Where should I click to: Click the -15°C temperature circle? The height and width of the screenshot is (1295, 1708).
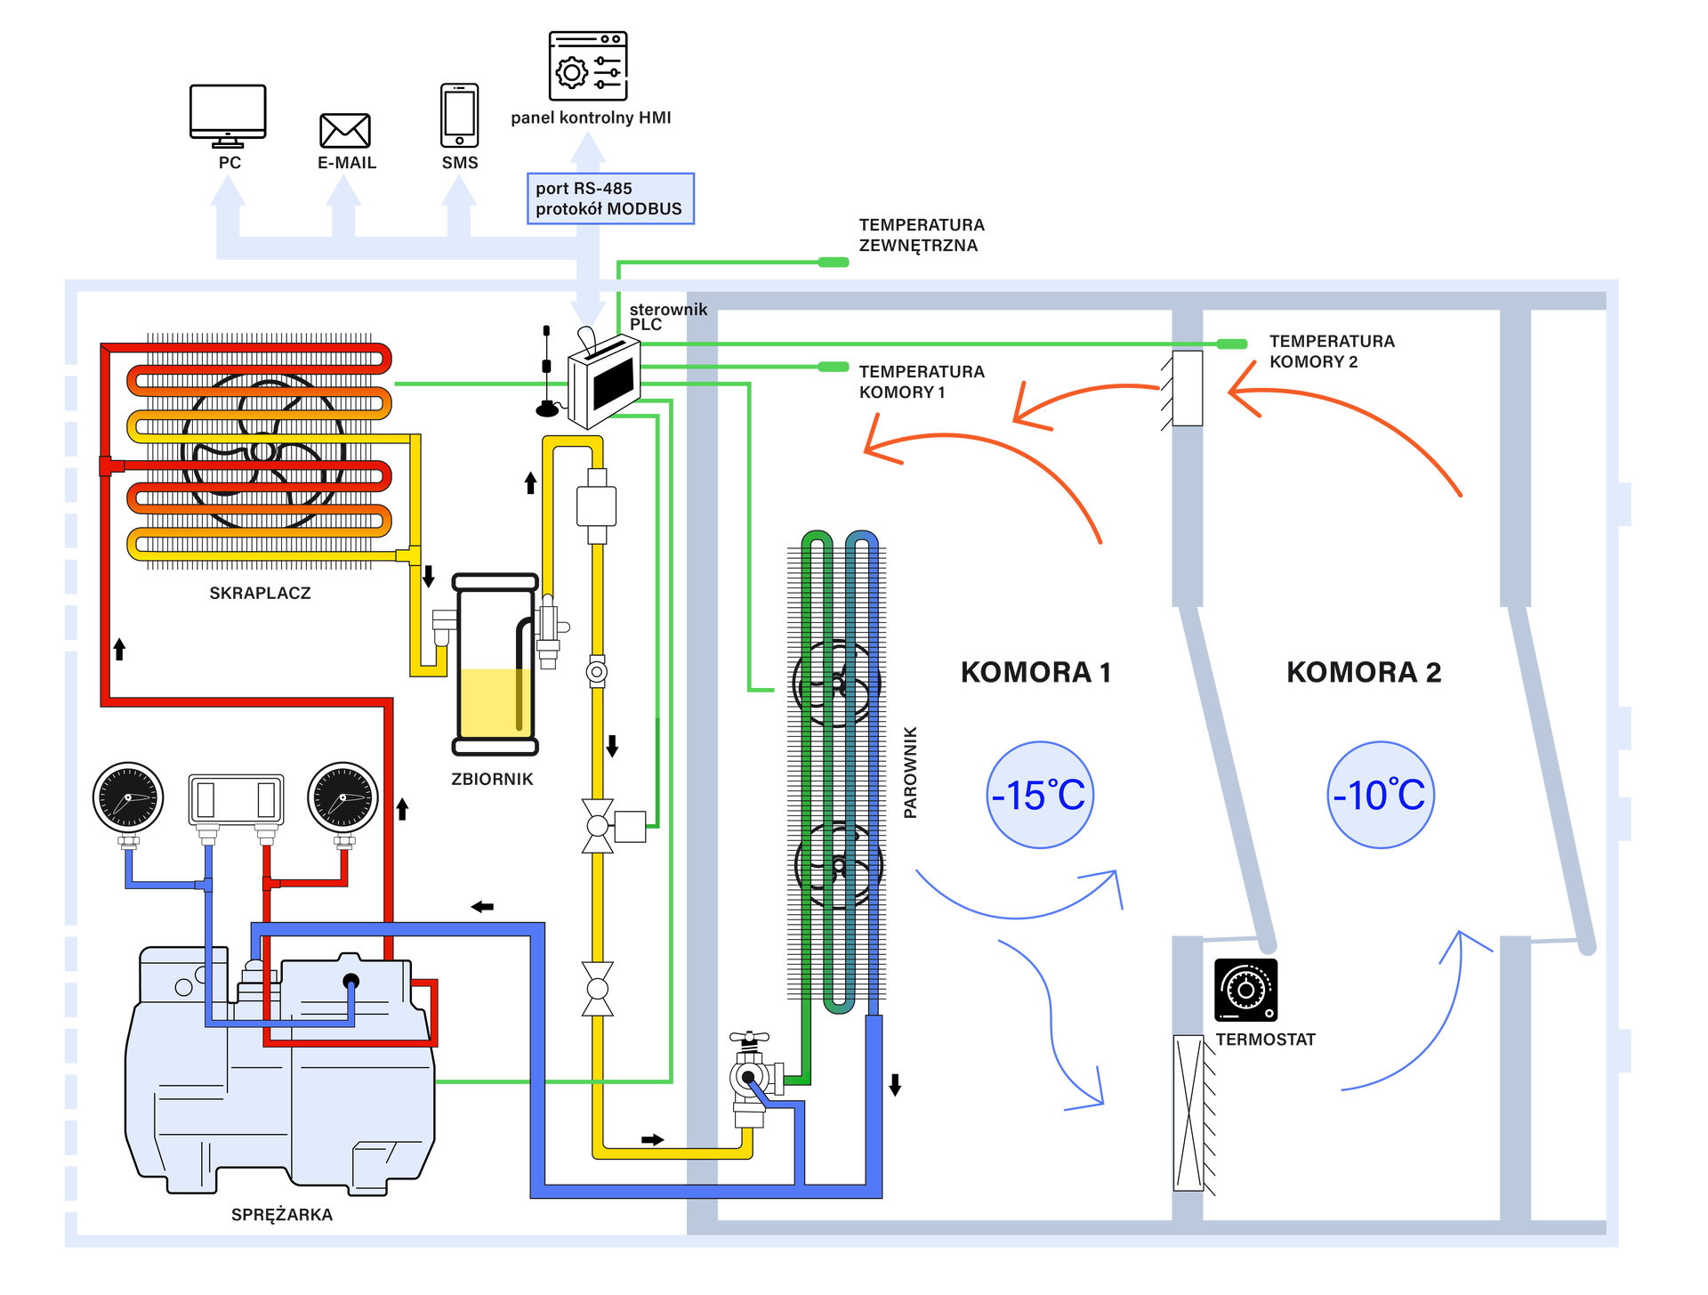point(1040,794)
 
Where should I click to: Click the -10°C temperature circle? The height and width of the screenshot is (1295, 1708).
point(1381,794)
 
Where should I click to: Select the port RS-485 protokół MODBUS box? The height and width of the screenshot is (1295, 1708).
point(609,198)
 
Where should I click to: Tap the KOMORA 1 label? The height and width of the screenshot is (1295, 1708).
point(1035,671)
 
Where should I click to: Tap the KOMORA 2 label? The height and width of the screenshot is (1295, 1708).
point(1363,671)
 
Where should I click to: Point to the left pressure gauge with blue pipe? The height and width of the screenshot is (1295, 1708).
point(128,797)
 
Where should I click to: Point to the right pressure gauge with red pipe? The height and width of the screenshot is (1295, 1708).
point(342,797)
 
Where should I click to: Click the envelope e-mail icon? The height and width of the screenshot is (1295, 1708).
point(345,130)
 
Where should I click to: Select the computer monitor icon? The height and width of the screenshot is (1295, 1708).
point(228,114)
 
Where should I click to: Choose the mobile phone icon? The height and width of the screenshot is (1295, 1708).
point(460,114)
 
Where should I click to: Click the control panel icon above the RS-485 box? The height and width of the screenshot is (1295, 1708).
point(586,63)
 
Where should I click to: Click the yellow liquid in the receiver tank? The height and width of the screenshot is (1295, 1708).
point(495,702)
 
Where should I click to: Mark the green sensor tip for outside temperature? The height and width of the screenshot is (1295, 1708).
point(834,262)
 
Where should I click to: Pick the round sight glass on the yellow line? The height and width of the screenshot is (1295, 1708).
point(597,671)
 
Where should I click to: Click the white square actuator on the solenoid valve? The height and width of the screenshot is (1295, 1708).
point(630,827)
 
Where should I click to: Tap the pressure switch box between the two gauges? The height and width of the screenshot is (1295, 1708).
point(236,798)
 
